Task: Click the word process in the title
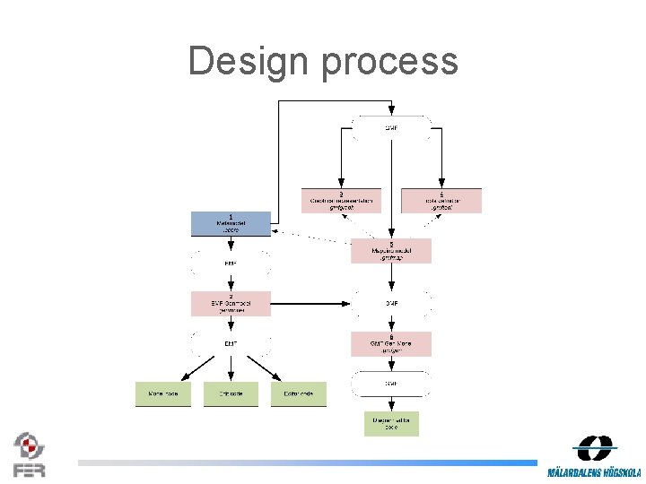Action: pyautogui.click(x=389, y=61)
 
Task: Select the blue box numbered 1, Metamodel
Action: pyautogui.click(x=231, y=223)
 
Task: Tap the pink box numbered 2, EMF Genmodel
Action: pyautogui.click(x=231, y=303)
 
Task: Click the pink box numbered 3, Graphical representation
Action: pyautogui.click(x=341, y=200)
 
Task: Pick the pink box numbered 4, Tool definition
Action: pyautogui.click(x=441, y=200)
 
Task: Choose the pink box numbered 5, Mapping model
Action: pyautogui.click(x=391, y=251)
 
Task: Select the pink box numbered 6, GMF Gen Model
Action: pyautogui.click(x=391, y=344)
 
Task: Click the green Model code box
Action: pyautogui.click(x=163, y=393)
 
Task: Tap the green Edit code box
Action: pyautogui.click(x=231, y=393)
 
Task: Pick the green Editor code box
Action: pyautogui.click(x=299, y=393)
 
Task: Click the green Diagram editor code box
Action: pyautogui.click(x=391, y=423)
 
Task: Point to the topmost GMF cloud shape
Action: pyautogui.click(x=391, y=128)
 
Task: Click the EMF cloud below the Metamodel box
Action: pyautogui.click(x=231, y=264)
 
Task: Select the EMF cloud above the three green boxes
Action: pyautogui.click(x=231, y=342)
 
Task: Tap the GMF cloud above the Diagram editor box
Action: pyautogui.click(x=391, y=384)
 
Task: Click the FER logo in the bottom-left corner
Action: pyautogui.click(x=29, y=454)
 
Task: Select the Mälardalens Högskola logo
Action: pyautogui.click(x=595, y=457)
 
